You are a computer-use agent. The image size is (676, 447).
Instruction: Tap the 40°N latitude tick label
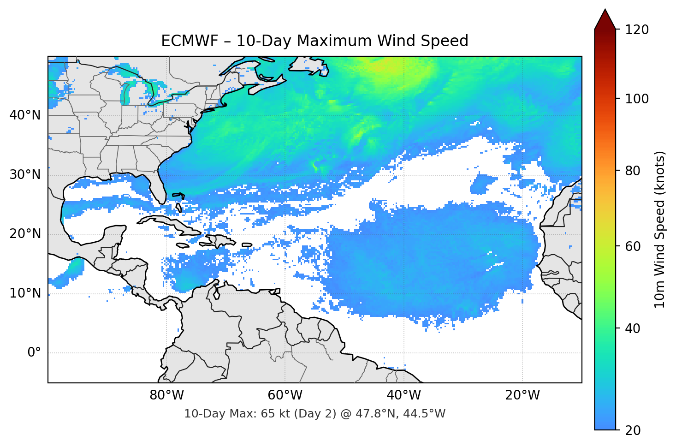(x=25, y=115)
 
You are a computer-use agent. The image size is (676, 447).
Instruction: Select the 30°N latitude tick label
(x=25, y=175)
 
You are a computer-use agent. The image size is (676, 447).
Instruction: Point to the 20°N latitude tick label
(x=25, y=234)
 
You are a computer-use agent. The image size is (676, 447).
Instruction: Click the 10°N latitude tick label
(x=25, y=293)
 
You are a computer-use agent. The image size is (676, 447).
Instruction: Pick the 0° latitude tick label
(x=34, y=353)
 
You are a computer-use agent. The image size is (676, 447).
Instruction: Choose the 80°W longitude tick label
(x=166, y=395)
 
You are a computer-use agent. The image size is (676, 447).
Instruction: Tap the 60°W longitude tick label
(x=285, y=395)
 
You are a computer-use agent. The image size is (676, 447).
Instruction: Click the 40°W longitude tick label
(x=403, y=395)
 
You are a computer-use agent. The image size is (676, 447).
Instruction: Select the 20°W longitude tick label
(x=522, y=395)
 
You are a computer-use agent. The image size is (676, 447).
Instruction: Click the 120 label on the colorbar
(x=637, y=30)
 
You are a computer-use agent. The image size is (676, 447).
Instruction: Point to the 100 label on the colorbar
(x=637, y=99)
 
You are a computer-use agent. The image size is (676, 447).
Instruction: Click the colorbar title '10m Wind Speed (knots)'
(x=660, y=229)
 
